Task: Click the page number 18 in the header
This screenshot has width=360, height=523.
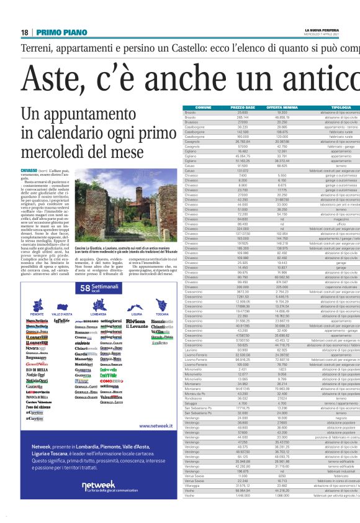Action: (25, 32)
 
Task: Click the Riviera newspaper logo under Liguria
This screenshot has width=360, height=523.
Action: (136, 322)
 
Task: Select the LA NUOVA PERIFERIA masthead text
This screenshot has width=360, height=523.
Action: (323, 30)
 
